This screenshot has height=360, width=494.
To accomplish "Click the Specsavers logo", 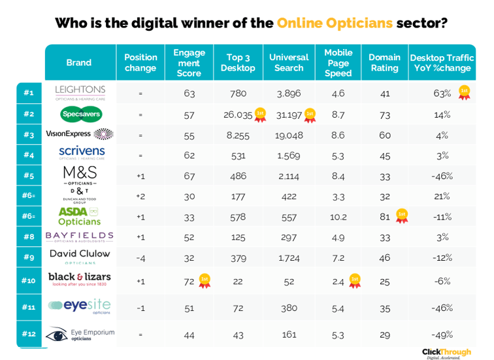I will (80, 114).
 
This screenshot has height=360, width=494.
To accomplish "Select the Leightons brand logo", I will (80, 92).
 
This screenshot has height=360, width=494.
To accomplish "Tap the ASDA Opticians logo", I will (80, 216).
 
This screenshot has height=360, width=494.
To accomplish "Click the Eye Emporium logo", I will (80, 335).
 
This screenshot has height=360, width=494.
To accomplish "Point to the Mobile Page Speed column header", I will (338, 63).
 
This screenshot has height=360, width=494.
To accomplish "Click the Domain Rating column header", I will (384, 63).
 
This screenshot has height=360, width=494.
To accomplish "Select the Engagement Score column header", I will (189, 63).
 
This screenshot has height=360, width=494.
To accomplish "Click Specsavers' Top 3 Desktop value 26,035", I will (237, 114).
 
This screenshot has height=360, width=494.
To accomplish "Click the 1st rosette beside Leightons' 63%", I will (464, 92).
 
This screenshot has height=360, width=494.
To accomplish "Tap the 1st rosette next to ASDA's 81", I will (402, 215).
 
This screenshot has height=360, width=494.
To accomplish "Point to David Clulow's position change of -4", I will (140, 257).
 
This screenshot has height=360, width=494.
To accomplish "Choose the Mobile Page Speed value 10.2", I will (338, 216).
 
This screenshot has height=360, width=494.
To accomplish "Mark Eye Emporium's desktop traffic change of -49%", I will (442, 335).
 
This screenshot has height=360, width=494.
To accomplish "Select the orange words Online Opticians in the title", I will (335, 23).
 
